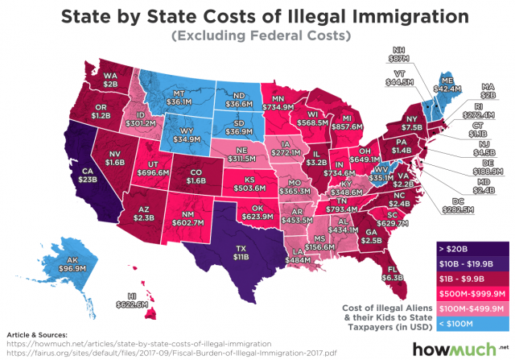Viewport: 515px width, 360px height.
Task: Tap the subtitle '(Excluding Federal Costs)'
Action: pyautogui.click(x=257, y=35)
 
